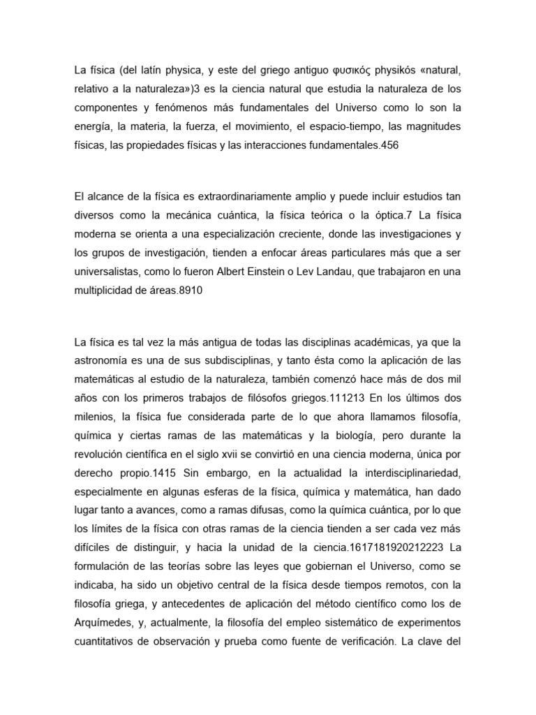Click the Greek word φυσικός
(311, 70)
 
